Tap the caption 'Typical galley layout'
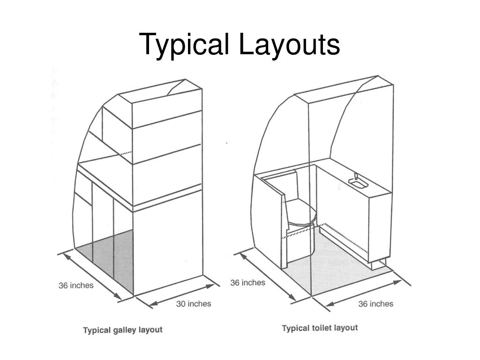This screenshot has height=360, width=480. click(x=123, y=330)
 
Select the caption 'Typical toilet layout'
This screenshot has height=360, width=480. click(x=319, y=328)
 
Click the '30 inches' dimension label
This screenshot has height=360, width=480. click(x=194, y=304)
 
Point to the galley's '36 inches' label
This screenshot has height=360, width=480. click(x=76, y=285)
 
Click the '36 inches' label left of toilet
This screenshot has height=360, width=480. click(x=247, y=283)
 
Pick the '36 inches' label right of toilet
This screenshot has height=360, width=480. click(x=376, y=304)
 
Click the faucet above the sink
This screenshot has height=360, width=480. click(x=355, y=177)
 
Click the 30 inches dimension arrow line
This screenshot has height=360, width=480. click(x=178, y=294)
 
